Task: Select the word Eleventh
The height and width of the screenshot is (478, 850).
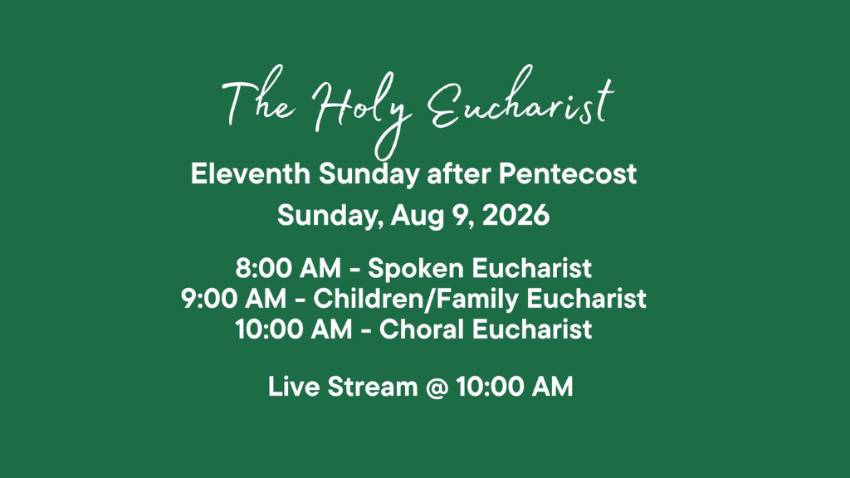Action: [251, 174]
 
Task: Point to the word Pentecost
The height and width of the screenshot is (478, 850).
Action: [568, 174]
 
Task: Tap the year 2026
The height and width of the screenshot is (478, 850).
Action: [515, 215]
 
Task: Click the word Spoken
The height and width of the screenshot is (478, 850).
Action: [416, 269]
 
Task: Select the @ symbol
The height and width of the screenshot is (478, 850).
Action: [437, 388]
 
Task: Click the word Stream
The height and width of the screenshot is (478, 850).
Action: [373, 387]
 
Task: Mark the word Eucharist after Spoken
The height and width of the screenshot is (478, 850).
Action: [532, 268]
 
